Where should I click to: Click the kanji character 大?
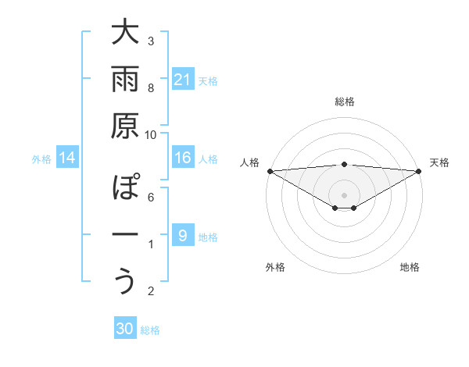coord(126,34)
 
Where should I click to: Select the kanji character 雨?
coord(126,80)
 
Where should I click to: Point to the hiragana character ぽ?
coord(126,188)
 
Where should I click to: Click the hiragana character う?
coord(126,280)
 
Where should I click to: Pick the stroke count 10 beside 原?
coord(151,134)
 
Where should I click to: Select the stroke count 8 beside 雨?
coord(151,88)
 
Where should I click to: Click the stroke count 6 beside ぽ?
coord(151,198)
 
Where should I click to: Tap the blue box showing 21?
coord(182,79)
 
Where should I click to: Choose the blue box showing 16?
coord(182,158)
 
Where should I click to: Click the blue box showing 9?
coord(182,235)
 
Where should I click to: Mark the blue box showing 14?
coord(66,158)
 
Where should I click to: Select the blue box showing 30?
coord(125,329)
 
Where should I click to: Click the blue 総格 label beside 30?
coord(150,330)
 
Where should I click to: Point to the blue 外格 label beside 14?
coord(41,159)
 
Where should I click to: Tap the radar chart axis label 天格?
coord(439,162)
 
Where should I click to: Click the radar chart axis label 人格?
coord(250,162)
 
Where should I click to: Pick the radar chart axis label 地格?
coord(410,267)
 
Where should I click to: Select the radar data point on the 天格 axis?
coord(419,171)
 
